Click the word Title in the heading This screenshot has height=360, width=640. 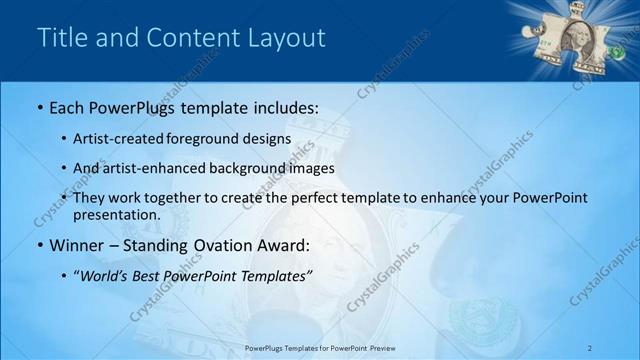click(x=59, y=39)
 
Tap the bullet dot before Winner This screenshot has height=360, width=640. click(x=40, y=246)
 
